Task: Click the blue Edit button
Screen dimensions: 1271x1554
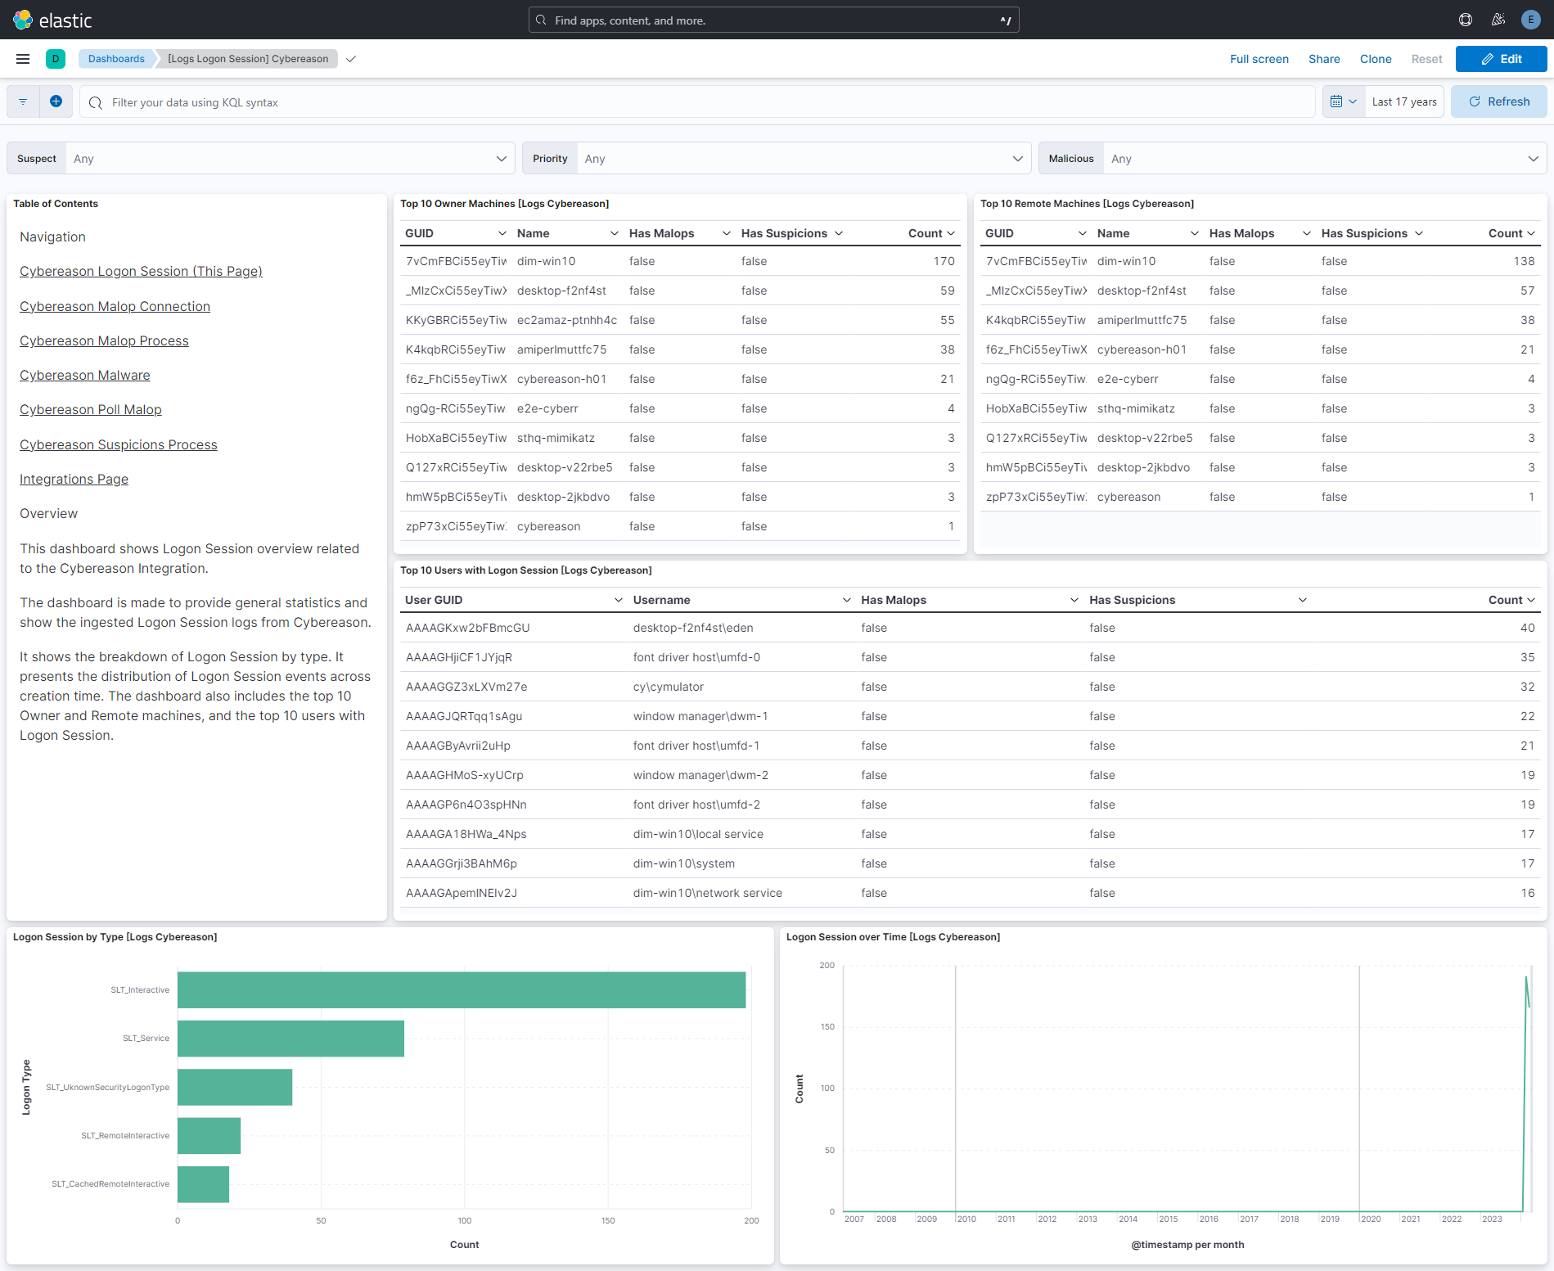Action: (1501, 59)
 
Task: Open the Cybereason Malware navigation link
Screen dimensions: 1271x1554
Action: (85, 375)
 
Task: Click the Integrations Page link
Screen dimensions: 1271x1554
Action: (74, 479)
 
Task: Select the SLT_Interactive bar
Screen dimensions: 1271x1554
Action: (461, 989)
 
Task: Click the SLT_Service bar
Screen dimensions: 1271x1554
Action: (291, 1038)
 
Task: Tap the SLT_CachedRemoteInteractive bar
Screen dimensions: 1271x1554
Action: (203, 1183)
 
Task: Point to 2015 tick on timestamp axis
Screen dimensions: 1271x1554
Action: (1168, 1219)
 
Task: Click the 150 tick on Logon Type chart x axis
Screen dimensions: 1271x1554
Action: (608, 1220)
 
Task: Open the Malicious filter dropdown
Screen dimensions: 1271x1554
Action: (1321, 159)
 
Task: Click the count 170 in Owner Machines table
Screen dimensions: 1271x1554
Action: (944, 261)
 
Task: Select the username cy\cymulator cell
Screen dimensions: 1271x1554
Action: (668, 687)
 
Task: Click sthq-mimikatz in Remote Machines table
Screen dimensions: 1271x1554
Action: (1135, 408)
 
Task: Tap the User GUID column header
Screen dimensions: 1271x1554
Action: (434, 600)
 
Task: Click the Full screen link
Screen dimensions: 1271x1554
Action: (1259, 59)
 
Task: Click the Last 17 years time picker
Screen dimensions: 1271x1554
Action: (1403, 102)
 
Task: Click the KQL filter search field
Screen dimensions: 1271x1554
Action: (696, 102)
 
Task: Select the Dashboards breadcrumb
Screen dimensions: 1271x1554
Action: (116, 59)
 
